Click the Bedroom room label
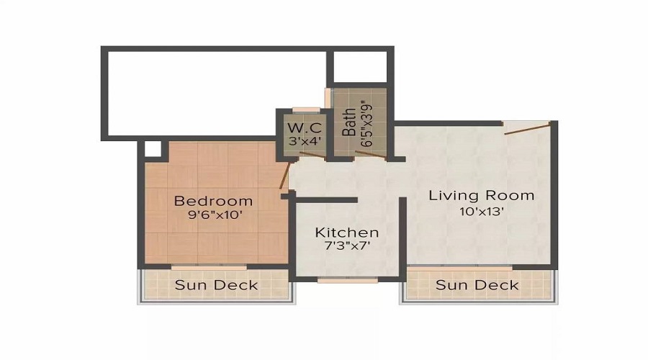[x=213, y=201]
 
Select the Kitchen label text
[x=346, y=233]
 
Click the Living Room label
[x=482, y=195]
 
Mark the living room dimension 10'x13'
[x=482, y=212]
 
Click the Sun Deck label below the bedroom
[x=216, y=285]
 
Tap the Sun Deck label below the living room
[x=477, y=285]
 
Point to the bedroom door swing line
[x=286, y=175]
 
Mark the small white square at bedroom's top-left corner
[x=152, y=148]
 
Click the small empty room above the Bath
[x=360, y=68]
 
